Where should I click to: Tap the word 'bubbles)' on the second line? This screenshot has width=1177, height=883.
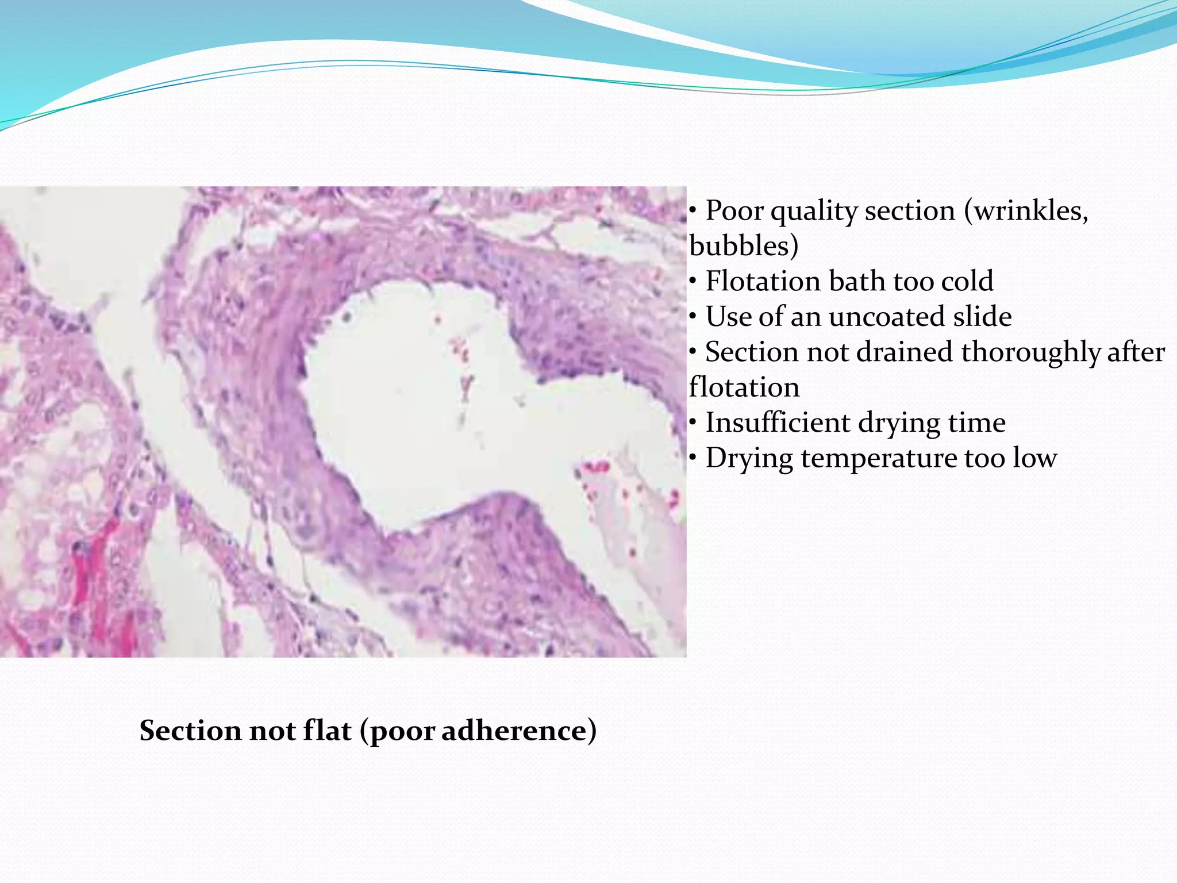click(x=744, y=247)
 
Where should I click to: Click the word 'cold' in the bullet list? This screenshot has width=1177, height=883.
click(x=966, y=282)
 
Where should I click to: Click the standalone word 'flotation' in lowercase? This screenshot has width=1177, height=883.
click(x=744, y=387)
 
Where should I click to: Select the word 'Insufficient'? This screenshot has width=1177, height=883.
click(x=778, y=423)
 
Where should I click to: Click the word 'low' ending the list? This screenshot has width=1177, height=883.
click(x=1034, y=459)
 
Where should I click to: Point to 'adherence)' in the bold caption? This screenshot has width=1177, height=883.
click(x=519, y=731)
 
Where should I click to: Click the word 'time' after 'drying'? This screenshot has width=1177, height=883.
click(x=977, y=423)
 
